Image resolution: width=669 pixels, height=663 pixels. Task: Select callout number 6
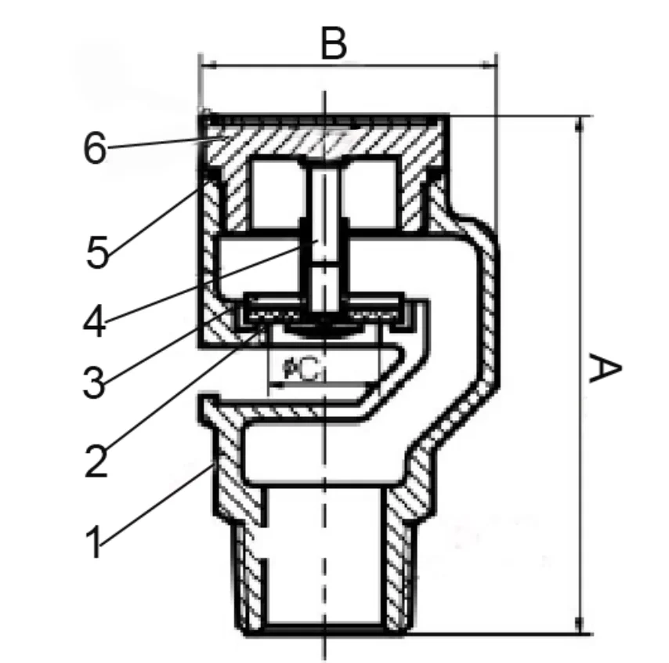[94, 148]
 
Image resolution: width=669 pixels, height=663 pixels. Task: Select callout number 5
[97, 252]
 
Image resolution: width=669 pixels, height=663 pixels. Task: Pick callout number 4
[96, 321]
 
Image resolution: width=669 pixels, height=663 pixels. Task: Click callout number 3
[95, 382]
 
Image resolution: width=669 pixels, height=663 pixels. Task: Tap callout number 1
[94, 542]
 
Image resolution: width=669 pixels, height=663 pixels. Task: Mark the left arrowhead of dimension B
[205, 65]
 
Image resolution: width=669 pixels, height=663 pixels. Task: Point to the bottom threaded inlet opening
[324, 564]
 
